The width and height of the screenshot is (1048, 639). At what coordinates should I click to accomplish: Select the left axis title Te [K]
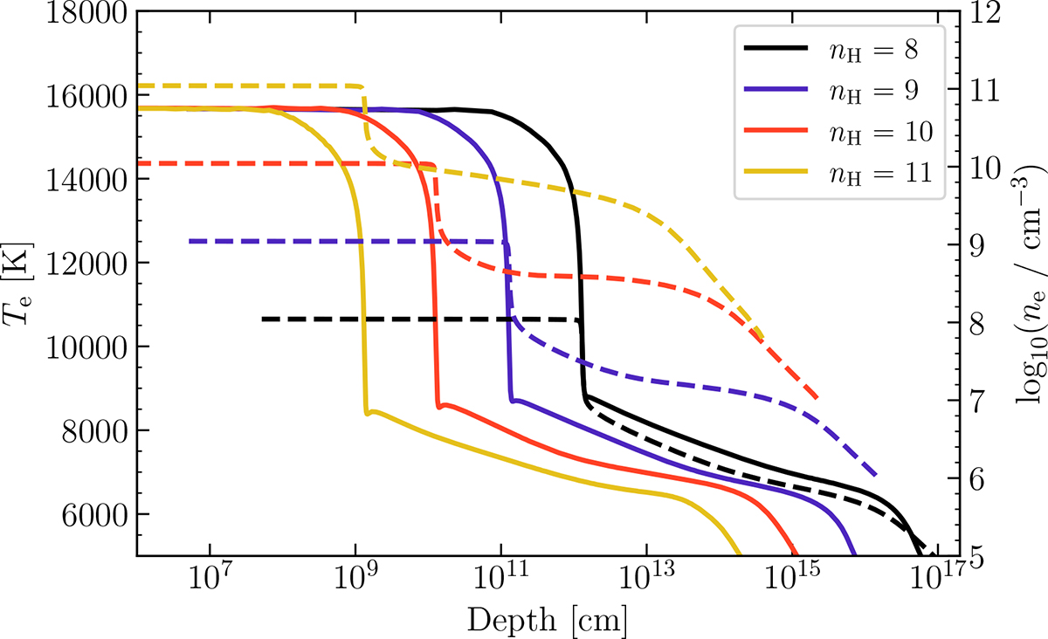(19, 284)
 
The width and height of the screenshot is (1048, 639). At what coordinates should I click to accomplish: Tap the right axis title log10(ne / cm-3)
(1025, 284)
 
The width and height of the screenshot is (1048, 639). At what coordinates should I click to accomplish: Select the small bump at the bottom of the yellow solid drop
(374, 411)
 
